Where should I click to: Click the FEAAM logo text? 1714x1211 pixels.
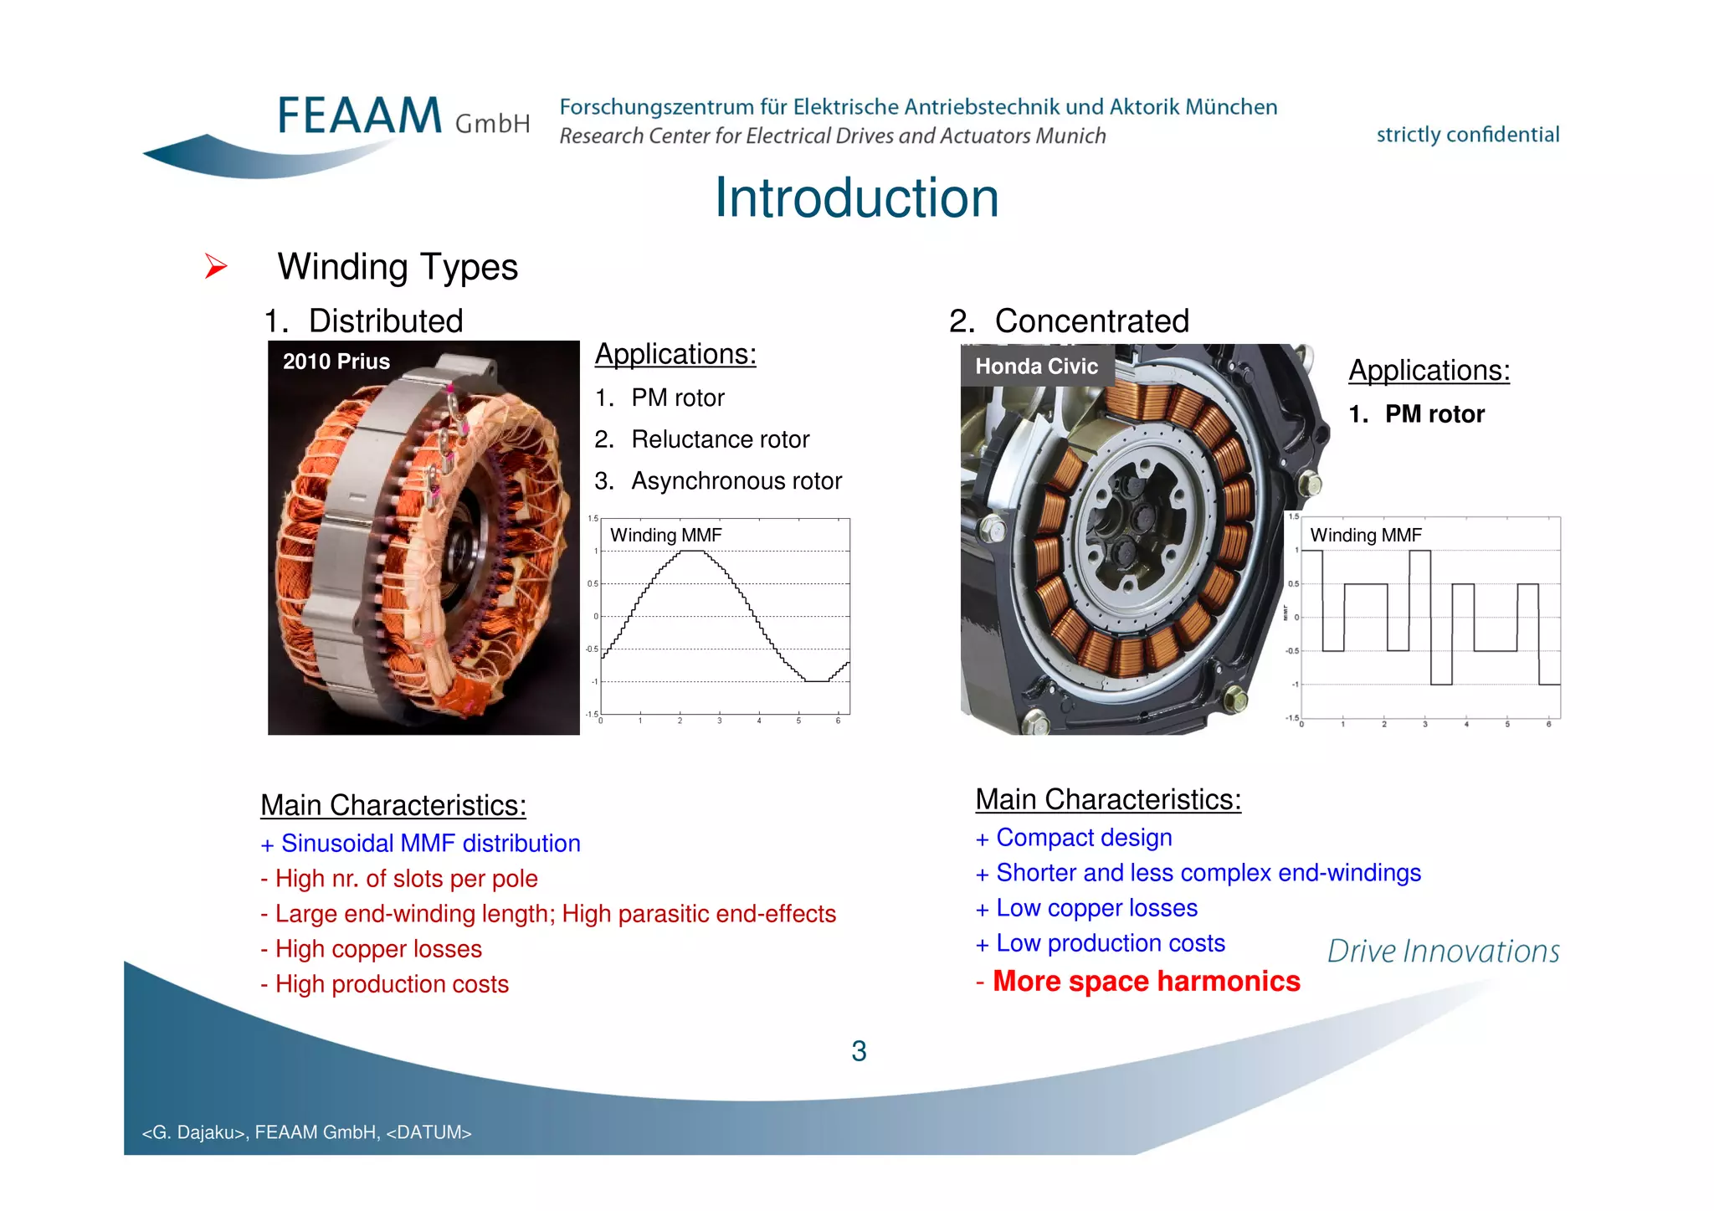click(x=360, y=116)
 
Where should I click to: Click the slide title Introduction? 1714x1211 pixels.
click(x=856, y=198)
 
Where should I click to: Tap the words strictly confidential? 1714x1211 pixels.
click(x=1467, y=135)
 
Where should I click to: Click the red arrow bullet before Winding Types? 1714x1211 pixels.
click(x=216, y=267)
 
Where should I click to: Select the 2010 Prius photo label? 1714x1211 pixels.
click(x=336, y=362)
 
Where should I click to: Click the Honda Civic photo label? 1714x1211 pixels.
click(x=1036, y=367)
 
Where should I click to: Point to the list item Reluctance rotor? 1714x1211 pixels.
click(x=720, y=439)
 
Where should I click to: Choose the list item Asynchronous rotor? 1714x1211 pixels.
click(x=736, y=481)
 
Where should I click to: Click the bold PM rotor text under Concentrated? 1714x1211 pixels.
click(x=1434, y=414)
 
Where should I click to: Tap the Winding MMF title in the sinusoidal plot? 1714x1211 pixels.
click(x=665, y=536)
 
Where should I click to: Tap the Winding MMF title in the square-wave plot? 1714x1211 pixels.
click(x=1365, y=536)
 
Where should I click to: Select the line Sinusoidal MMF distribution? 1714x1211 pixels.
click(x=429, y=844)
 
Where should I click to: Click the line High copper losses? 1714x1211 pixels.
click(x=377, y=949)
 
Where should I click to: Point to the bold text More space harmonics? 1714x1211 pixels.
click(x=1146, y=982)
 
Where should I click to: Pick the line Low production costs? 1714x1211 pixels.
click(x=1110, y=944)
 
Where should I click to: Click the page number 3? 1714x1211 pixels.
click(x=859, y=1051)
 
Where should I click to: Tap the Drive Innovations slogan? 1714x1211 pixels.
click(x=1443, y=952)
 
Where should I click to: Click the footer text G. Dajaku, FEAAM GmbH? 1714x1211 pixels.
click(x=306, y=1132)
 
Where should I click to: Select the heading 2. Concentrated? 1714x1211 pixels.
click(x=1069, y=321)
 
